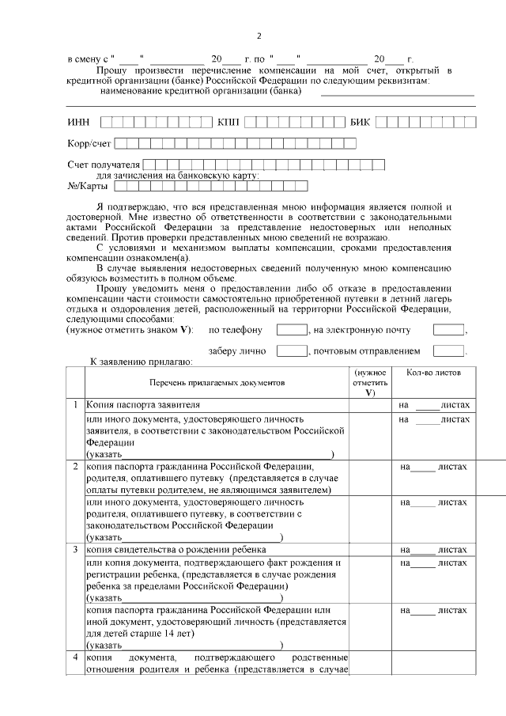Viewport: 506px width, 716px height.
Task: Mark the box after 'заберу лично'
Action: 291,350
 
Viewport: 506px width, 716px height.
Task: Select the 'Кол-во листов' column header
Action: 433,372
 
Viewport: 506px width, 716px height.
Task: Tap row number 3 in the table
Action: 75,549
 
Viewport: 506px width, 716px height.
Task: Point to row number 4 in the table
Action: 75,657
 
